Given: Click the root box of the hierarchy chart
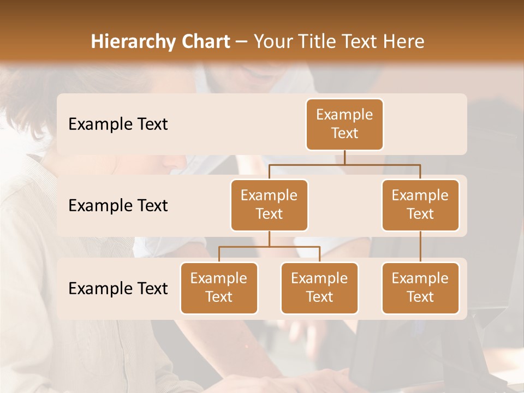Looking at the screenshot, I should [x=344, y=124].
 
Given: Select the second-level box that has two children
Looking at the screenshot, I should [x=269, y=205].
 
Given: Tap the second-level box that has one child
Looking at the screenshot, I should [x=420, y=205].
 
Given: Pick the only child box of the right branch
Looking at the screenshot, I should [x=420, y=288].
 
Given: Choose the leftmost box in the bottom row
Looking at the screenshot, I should [x=219, y=288].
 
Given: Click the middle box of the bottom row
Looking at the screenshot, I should [x=319, y=288].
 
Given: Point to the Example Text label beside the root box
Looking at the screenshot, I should [x=118, y=124].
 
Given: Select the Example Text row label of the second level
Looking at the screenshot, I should [x=118, y=205].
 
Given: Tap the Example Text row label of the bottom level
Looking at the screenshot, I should [x=118, y=288].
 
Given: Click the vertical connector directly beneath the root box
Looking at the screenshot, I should [x=344, y=157].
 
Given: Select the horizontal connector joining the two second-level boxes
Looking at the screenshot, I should [x=344, y=164].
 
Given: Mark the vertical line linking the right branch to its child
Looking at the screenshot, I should [x=420, y=247].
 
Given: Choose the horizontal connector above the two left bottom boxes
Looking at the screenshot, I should [x=269, y=247].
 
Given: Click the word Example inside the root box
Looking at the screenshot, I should [x=344, y=115].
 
